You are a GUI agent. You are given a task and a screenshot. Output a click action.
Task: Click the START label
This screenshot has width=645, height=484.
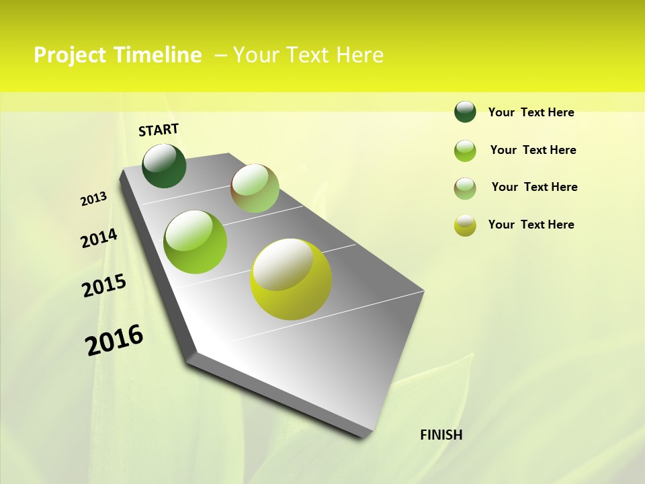point(159,130)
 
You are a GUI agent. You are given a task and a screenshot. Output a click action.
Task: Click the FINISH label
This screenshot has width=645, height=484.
point(441,435)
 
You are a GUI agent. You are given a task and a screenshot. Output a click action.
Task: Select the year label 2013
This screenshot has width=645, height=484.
point(94,199)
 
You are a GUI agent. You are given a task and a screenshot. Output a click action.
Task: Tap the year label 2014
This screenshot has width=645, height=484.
point(99,238)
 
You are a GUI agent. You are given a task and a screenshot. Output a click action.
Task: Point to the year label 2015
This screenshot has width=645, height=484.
point(104,286)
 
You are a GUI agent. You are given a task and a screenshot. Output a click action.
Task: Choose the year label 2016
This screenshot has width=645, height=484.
point(114,340)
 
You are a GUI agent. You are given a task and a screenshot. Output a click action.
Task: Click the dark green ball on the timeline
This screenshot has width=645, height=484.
point(164,166)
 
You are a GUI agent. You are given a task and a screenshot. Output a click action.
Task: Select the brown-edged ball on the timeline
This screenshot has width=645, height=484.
point(255,188)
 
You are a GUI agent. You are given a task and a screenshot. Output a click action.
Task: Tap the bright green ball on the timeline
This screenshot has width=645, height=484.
point(196,242)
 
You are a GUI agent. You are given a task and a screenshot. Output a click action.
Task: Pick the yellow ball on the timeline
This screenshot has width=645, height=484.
point(291,278)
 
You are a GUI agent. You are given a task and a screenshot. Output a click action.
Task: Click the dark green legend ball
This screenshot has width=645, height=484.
point(465,112)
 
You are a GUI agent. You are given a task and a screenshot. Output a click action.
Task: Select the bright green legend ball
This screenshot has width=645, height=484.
point(465,151)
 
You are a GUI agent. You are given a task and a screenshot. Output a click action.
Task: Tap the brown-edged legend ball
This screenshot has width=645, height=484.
point(465,188)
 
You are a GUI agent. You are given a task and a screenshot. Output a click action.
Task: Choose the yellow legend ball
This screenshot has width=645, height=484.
point(465,225)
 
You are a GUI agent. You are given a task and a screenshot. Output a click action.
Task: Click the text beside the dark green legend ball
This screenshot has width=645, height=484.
point(531,112)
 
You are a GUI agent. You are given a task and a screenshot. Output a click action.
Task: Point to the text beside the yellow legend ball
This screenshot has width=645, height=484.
point(531,225)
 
